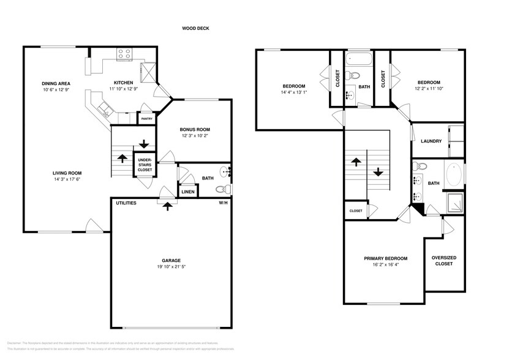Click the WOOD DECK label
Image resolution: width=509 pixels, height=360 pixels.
[x=195, y=28]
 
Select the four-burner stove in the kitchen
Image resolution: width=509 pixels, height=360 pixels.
[x=124, y=55]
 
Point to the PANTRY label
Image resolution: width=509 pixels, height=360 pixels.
[x=147, y=119]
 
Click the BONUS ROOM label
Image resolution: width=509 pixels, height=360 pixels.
[x=195, y=129]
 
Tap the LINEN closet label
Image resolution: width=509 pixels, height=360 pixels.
[x=188, y=192]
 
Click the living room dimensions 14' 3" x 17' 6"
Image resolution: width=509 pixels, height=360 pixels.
[x=67, y=179]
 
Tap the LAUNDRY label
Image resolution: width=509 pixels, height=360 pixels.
[x=431, y=141]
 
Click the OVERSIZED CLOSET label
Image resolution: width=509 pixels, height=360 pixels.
[x=442, y=261]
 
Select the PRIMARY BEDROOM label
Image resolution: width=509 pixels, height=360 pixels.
[x=385, y=258]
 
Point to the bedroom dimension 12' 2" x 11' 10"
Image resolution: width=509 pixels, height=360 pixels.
[x=428, y=88]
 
